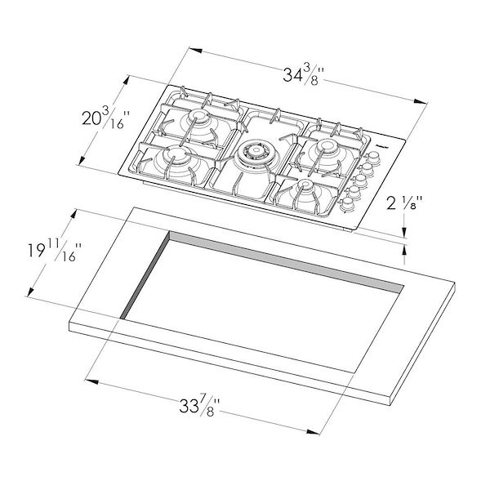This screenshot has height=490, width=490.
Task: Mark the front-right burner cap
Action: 304,188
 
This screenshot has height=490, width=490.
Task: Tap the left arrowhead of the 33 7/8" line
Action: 90,380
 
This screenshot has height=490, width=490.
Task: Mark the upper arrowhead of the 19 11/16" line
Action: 76,212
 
